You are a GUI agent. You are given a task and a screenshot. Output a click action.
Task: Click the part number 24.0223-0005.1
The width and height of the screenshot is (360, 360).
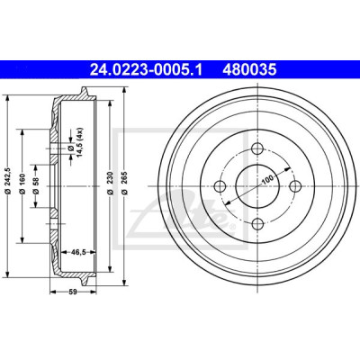146,70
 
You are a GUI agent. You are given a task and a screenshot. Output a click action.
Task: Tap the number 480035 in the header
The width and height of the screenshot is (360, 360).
249,70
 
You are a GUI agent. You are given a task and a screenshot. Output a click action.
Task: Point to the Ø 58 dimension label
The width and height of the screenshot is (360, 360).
36,186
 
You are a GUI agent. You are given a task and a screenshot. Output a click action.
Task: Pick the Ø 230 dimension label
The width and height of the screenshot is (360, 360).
110,183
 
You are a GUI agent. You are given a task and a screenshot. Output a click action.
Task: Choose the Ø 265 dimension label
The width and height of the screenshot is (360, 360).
124,183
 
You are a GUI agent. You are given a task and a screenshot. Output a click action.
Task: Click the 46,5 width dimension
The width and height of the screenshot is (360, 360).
77,252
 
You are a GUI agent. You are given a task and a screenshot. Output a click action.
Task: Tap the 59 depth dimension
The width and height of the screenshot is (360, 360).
73,292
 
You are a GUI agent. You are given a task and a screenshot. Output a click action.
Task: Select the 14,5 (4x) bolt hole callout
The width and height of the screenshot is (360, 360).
76,142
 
